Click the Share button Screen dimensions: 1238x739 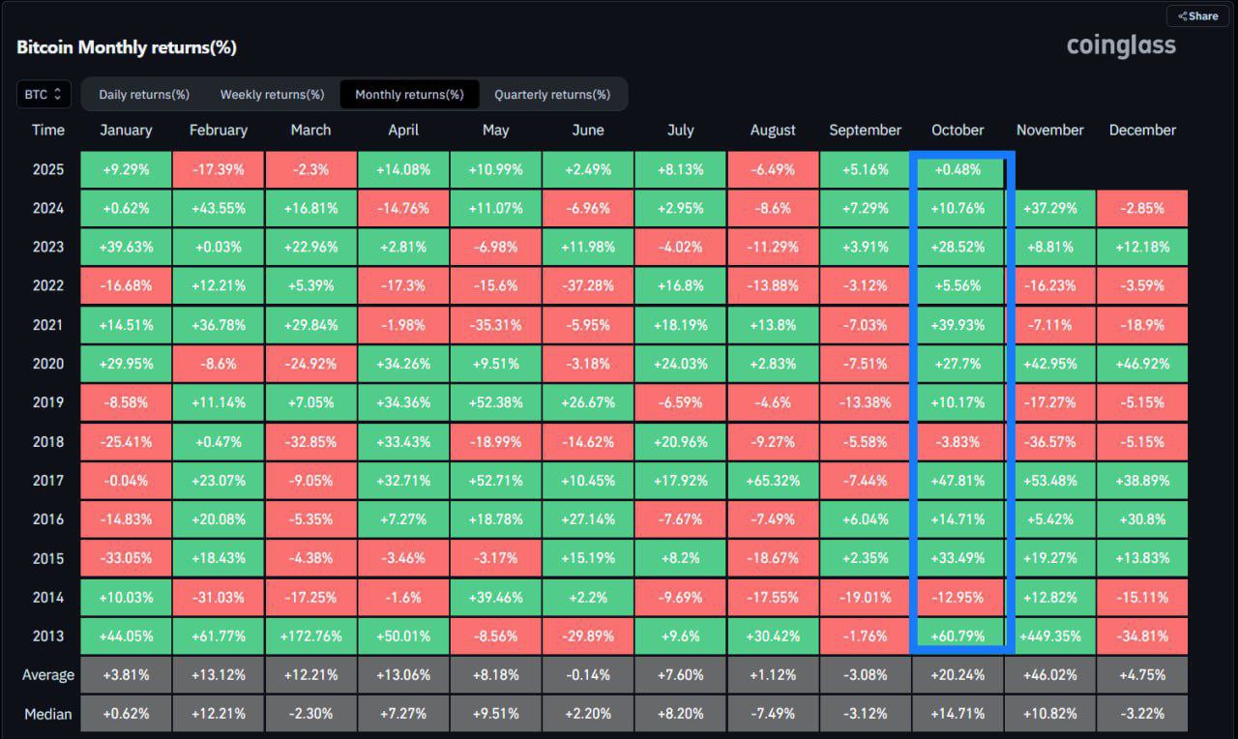coord(1197,16)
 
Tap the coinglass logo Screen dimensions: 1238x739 coord(1121,45)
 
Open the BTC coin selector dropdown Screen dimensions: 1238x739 coord(44,94)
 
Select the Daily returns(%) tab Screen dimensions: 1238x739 coord(144,95)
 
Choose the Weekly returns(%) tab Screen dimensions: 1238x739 coord(272,95)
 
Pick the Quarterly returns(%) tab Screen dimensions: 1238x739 coord(552,95)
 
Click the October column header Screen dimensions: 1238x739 coord(958,130)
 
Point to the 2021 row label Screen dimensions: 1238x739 coord(48,325)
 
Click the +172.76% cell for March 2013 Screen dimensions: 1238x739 coord(311,636)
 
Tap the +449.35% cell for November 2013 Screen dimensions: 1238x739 coord(1050,636)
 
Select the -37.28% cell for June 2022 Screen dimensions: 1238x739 coord(588,285)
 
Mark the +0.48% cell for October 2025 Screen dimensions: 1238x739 coord(958,169)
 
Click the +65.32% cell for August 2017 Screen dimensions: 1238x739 coord(773,481)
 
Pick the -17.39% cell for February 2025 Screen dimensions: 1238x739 coord(219,169)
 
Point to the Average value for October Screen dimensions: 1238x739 coord(958,675)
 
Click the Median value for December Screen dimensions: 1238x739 coord(1142,714)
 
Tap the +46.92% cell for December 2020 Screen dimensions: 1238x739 coord(1142,364)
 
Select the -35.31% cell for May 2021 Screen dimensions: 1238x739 coord(496,325)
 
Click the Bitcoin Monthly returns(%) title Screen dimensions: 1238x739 coord(127,47)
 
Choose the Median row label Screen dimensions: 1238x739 coord(48,714)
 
